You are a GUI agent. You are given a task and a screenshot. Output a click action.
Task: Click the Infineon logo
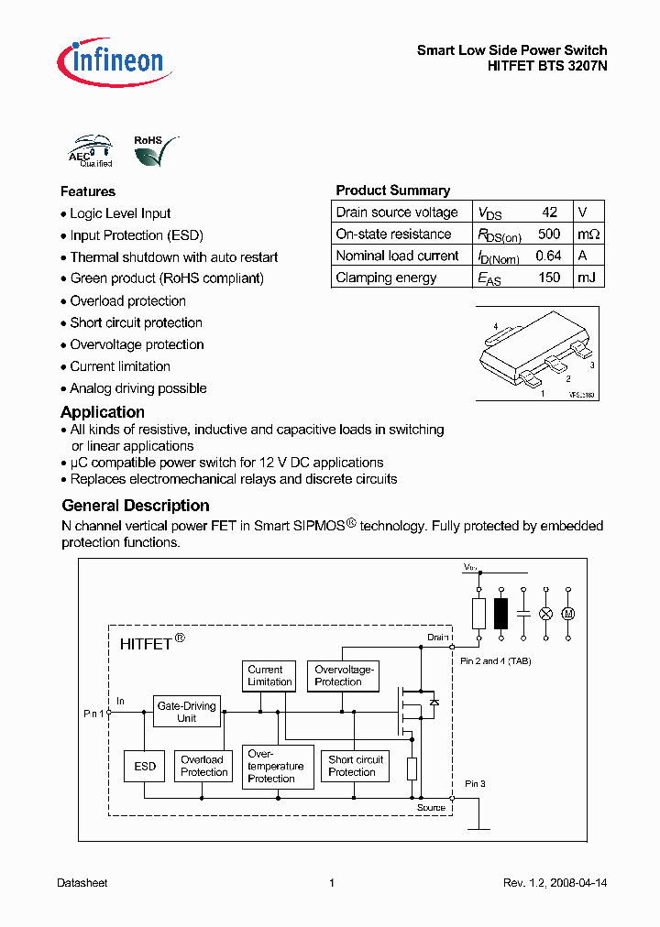click(110, 61)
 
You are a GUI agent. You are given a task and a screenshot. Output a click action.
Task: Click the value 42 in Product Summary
click(549, 212)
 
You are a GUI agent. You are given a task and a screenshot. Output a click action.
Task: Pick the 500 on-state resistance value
click(549, 234)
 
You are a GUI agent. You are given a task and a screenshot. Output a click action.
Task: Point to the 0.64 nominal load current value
click(548, 256)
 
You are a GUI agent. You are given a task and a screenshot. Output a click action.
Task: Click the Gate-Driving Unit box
click(186, 712)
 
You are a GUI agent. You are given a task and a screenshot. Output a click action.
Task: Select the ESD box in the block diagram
click(145, 766)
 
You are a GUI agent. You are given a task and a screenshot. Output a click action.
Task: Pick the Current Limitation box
click(269, 676)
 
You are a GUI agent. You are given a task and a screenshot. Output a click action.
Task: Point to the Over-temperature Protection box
click(275, 766)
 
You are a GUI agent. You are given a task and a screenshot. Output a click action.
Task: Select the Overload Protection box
click(203, 766)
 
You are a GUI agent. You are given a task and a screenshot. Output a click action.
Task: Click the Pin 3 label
click(475, 784)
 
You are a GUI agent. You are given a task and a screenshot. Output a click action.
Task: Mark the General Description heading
click(136, 506)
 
